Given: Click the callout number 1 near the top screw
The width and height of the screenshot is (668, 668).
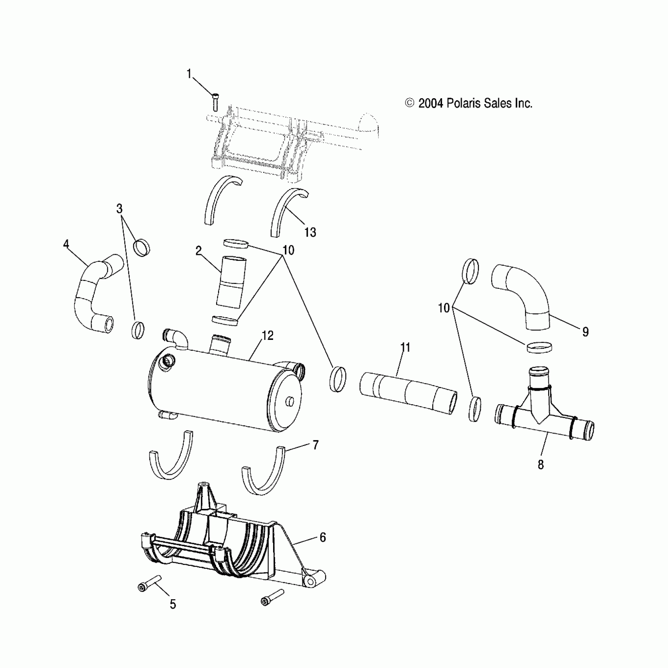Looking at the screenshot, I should coord(189,73).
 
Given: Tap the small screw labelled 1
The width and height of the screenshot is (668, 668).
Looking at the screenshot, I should coord(215,102).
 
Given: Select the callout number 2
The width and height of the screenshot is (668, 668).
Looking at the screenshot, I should coord(199,251).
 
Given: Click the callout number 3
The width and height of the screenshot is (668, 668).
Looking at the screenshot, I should coord(119,208).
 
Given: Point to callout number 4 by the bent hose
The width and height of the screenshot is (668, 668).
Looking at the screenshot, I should coord(66,244).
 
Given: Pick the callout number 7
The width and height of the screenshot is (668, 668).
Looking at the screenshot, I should coord(315,445).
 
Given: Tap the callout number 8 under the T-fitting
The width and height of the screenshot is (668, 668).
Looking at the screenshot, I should coord(541,464).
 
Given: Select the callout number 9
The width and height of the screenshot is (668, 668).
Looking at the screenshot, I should coord(585,332).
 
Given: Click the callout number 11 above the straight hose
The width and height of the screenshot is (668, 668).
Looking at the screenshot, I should coord(405,347).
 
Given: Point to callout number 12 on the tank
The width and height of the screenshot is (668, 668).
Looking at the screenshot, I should coord(268,335).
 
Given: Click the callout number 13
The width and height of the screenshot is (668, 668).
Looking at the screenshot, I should coord(310,232).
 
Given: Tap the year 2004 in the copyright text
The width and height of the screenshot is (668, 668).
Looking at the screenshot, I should coord(431,103).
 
